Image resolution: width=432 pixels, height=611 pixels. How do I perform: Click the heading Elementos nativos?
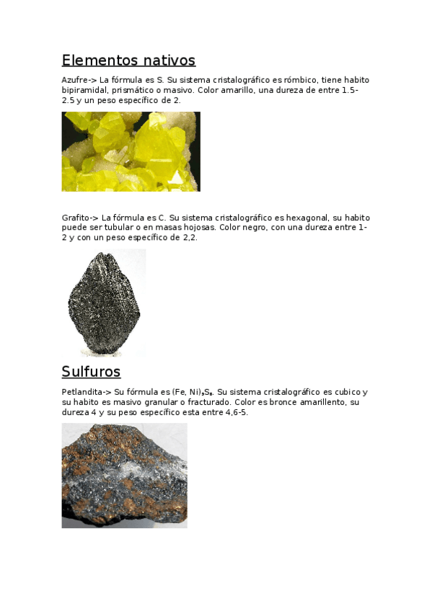[128, 60]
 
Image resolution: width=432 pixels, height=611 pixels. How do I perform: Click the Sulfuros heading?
[91, 372]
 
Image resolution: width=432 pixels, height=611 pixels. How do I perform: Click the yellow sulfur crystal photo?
[131, 151]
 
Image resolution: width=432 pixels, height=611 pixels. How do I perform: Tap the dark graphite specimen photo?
[104, 303]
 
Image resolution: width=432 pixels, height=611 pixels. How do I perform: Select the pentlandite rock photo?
[124, 476]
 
